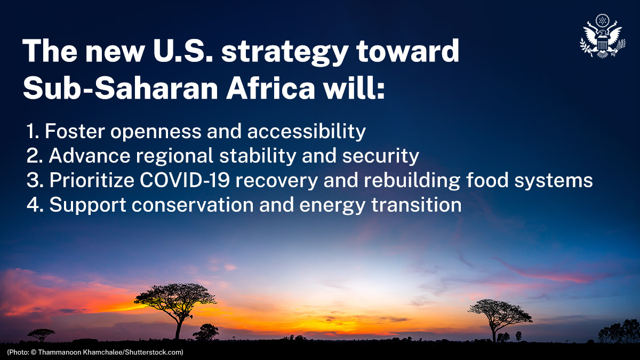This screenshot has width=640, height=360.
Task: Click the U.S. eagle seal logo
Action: [x=602, y=36]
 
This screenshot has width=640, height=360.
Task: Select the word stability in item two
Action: [x=253, y=156]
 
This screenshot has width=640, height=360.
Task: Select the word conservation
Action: [x=179, y=205]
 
